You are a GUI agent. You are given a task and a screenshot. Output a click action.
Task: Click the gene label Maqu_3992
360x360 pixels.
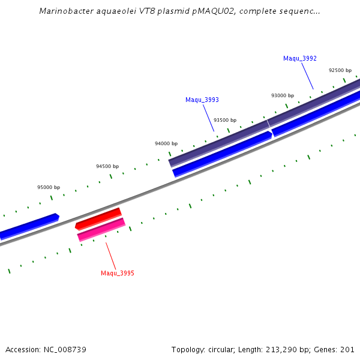(299, 58)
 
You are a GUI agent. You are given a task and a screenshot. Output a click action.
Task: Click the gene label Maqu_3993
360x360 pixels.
(202, 100)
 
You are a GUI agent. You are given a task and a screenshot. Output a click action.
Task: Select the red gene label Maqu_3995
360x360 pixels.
(117, 273)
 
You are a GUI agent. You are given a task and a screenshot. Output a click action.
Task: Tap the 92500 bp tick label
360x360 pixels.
(340, 70)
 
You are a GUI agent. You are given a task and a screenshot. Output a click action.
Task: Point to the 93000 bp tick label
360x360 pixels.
(283, 95)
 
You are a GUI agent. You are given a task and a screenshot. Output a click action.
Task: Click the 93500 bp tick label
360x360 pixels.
(225, 120)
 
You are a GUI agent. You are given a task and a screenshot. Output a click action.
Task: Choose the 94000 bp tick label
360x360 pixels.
(166, 143)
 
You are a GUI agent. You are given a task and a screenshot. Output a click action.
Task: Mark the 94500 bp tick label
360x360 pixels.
(107, 166)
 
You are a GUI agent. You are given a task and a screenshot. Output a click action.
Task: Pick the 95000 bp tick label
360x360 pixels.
(49, 187)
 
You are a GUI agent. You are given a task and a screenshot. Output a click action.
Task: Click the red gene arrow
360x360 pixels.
(98, 218)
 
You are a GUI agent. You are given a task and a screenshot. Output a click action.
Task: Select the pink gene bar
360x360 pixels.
(101, 229)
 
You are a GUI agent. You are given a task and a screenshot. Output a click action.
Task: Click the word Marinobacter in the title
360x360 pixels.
(64, 11)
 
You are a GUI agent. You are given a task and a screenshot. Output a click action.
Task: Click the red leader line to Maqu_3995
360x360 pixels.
(111, 256)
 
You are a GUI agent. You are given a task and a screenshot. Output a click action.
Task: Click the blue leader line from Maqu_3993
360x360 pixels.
(208, 118)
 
